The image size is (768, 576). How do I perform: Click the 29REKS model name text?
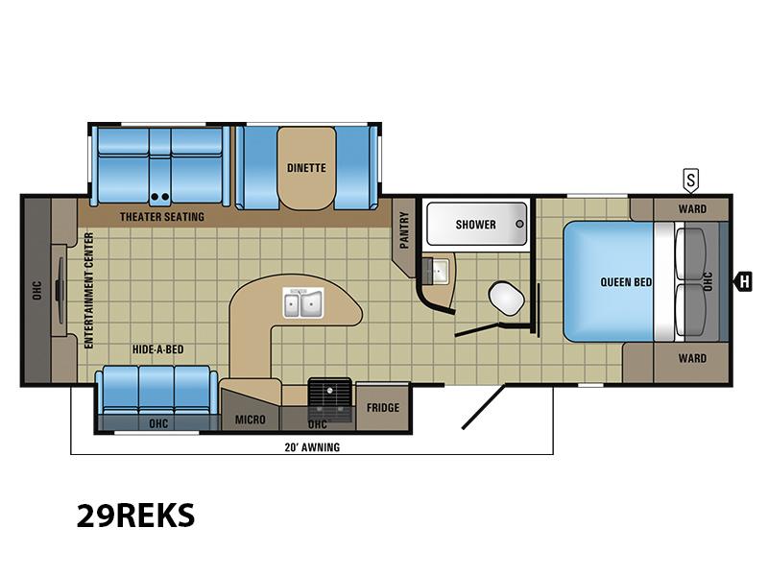point(135,516)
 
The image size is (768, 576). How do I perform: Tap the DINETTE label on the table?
point(306,168)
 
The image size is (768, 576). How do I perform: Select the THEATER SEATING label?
point(162,217)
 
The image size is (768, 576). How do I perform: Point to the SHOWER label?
point(475,225)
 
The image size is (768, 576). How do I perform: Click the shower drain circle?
point(519,224)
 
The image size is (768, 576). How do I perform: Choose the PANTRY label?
point(404,230)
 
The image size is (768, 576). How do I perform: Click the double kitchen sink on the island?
point(303,302)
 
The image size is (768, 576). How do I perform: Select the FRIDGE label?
point(383,407)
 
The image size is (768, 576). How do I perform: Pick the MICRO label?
point(251,420)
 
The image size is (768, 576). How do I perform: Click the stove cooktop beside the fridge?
point(329,399)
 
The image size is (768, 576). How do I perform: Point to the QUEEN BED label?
point(626,282)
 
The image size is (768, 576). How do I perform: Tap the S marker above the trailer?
point(690,180)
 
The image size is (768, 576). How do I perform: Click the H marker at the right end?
point(743,282)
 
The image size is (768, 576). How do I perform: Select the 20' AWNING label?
point(313,447)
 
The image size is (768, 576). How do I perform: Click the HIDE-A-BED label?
point(157,349)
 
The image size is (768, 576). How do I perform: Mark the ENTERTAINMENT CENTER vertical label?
point(88,291)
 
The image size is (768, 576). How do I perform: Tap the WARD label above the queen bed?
point(692,209)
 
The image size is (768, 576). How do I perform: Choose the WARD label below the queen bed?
point(692,358)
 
